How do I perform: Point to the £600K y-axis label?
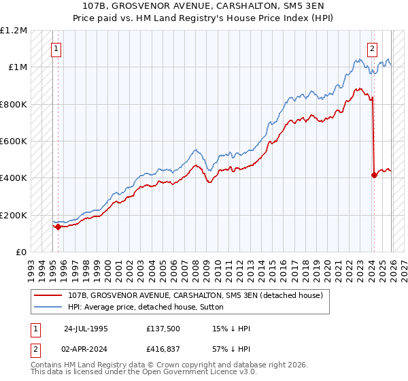[14, 142]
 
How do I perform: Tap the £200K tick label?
[14, 215]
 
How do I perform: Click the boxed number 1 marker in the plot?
[56, 49]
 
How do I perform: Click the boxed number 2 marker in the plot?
[373, 49]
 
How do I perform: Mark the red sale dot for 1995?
[58, 227]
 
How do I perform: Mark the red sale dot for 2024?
[374, 175]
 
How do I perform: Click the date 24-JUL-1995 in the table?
[86, 329]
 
